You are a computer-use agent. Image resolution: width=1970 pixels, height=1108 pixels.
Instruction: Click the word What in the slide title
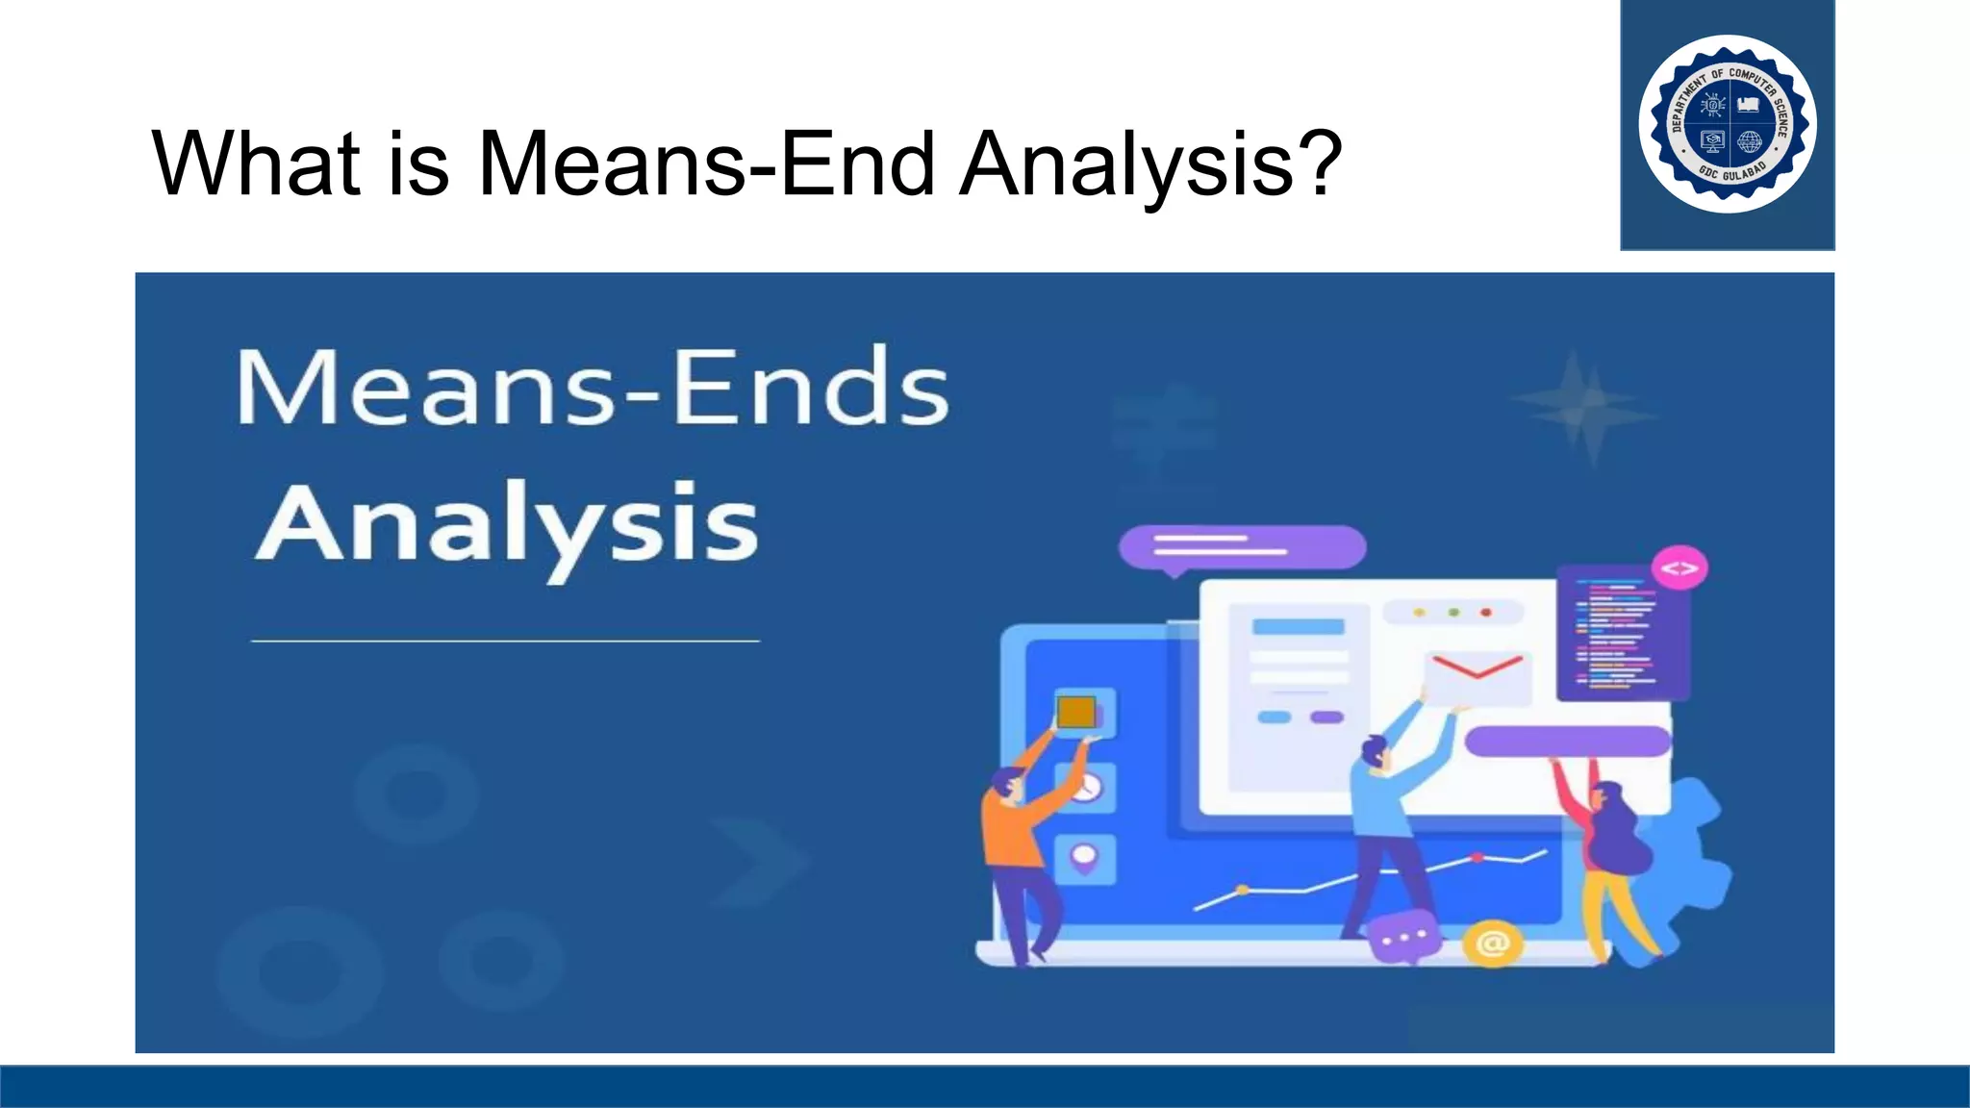pyautogui.click(x=256, y=164)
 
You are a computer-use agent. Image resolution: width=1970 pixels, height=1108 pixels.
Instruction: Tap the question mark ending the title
pyautogui.click(x=1316, y=164)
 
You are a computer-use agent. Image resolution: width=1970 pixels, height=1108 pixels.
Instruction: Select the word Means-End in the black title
pyautogui.click(x=706, y=164)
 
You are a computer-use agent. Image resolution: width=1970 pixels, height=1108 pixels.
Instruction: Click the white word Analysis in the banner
pyautogui.click(x=507, y=525)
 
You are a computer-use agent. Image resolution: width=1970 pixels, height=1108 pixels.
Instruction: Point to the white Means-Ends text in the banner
pyautogui.click(x=593, y=388)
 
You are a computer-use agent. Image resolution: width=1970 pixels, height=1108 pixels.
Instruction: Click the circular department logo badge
pyautogui.click(x=1728, y=124)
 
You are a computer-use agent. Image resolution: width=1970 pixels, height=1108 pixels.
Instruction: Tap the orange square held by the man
pyautogui.click(x=1076, y=713)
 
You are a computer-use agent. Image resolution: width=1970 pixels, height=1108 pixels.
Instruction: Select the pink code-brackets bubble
pyautogui.click(x=1680, y=568)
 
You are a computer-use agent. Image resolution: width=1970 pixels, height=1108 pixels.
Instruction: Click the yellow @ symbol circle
pyautogui.click(x=1492, y=944)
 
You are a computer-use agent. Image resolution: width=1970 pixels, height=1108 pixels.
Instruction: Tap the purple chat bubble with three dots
pyautogui.click(x=1403, y=937)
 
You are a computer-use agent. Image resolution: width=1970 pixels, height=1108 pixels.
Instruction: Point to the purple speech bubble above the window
pyautogui.click(x=1242, y=547)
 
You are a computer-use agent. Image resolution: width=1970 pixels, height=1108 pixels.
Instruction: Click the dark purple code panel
pyautogui.click(x=1622, y=632)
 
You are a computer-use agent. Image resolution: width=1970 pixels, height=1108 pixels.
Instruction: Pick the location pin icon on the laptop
pyautogui.click(x=1084, y=858)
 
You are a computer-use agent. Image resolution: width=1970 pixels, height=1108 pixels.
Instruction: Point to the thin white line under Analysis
pyautogui.click(x=505, y=641)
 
